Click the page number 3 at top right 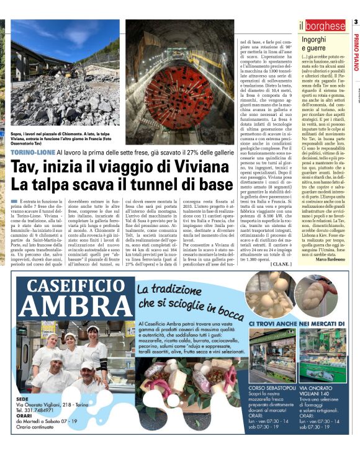[356, 23]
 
